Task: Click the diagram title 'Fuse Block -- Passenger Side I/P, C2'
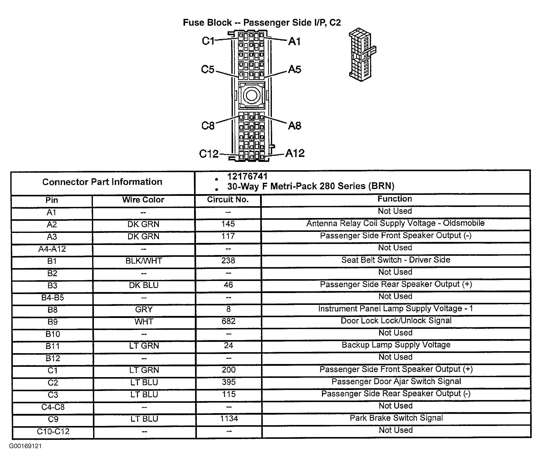262,23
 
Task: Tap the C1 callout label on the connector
208,41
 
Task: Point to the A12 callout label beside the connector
295,153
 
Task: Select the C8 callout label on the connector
208,126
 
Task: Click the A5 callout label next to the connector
295,69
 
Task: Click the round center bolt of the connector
251,95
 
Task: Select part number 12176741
247,177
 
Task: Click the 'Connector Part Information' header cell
102,182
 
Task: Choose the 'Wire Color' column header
143,200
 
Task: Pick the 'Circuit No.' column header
228,200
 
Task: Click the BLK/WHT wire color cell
143,261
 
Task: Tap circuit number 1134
229,419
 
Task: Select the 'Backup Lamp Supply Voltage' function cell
396,345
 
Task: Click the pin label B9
52,322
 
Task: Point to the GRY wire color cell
143,310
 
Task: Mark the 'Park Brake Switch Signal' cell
396,418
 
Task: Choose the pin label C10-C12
53,432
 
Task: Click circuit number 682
229,321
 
